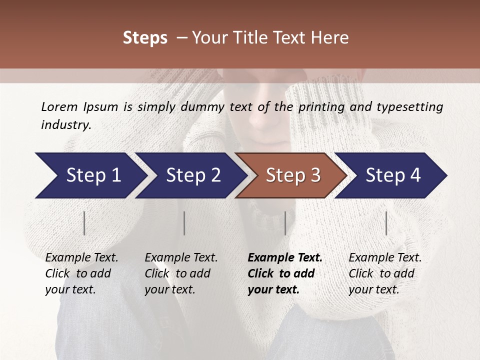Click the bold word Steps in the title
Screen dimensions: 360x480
145,38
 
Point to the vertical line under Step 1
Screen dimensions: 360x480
84,223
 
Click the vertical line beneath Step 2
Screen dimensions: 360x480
184,223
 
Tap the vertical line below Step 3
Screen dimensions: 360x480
285,223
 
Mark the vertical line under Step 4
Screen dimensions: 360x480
386,223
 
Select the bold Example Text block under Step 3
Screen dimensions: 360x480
285,273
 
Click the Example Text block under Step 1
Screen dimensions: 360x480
81,273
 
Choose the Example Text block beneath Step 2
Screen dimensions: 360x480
181,273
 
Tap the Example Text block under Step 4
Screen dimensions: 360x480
385,273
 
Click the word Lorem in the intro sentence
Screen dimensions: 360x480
59,106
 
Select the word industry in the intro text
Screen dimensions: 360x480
66,125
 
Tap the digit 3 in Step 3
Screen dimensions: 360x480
315,175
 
